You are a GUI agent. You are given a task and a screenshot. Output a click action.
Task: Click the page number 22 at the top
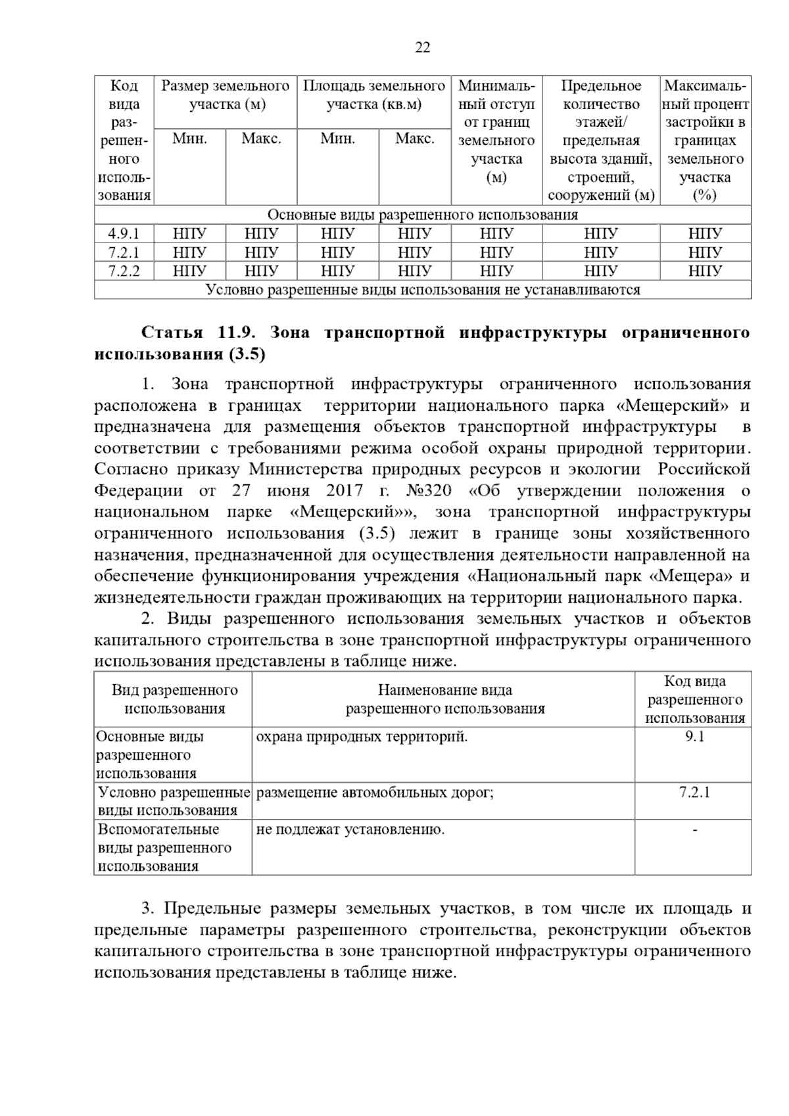click(423, 47)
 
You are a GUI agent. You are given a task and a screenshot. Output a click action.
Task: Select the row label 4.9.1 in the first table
click(124, 233)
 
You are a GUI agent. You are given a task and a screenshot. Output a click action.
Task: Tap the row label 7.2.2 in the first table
click(124, 271)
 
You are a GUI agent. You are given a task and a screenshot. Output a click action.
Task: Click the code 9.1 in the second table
click(694, 737)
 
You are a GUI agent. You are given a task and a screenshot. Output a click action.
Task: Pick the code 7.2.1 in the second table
click(694, 792)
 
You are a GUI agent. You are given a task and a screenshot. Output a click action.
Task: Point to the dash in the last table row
click(694, 830)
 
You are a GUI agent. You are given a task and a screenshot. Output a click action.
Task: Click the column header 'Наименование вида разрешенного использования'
click(444, 699)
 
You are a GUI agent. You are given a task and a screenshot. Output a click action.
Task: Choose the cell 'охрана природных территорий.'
click(362, 737)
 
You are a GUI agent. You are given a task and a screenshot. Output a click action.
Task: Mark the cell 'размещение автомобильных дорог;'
click(375, 793)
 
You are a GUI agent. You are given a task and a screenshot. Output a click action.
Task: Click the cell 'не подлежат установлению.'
click(350, 829)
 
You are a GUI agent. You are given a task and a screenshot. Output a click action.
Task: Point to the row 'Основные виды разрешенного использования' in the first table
click(423, 215)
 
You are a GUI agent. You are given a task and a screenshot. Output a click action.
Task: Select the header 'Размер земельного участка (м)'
click(226, 95)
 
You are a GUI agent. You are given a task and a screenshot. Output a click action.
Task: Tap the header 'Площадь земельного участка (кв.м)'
click(373, 95)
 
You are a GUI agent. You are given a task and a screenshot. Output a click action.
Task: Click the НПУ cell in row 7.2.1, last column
click(705, 252)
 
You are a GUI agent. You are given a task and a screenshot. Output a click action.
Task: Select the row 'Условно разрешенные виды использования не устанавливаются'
click(423, 290)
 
